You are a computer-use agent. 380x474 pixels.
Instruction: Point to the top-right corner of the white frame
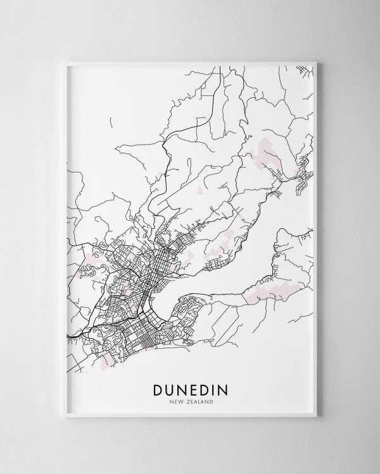pyautogui.click(x=315, y=61)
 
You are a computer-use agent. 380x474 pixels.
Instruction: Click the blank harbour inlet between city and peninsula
pyautogui.click(x=190, y=297)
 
